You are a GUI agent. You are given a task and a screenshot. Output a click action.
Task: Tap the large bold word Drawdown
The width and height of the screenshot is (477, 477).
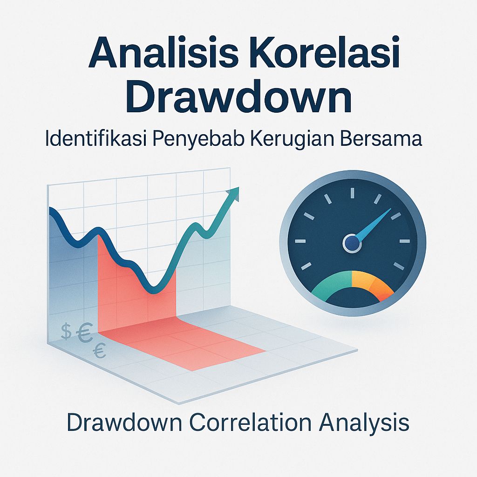[x=239, y=98]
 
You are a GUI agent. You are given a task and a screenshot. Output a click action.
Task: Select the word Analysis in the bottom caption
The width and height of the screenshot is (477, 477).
[x=362, y=423]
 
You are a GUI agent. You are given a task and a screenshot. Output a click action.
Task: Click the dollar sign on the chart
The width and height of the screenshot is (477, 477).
[x=66, y=332]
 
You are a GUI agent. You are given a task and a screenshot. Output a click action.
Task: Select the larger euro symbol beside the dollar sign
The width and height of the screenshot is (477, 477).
[x=84, y=334]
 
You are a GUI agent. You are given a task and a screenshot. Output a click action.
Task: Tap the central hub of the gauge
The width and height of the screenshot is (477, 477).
[x=352, y=242]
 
